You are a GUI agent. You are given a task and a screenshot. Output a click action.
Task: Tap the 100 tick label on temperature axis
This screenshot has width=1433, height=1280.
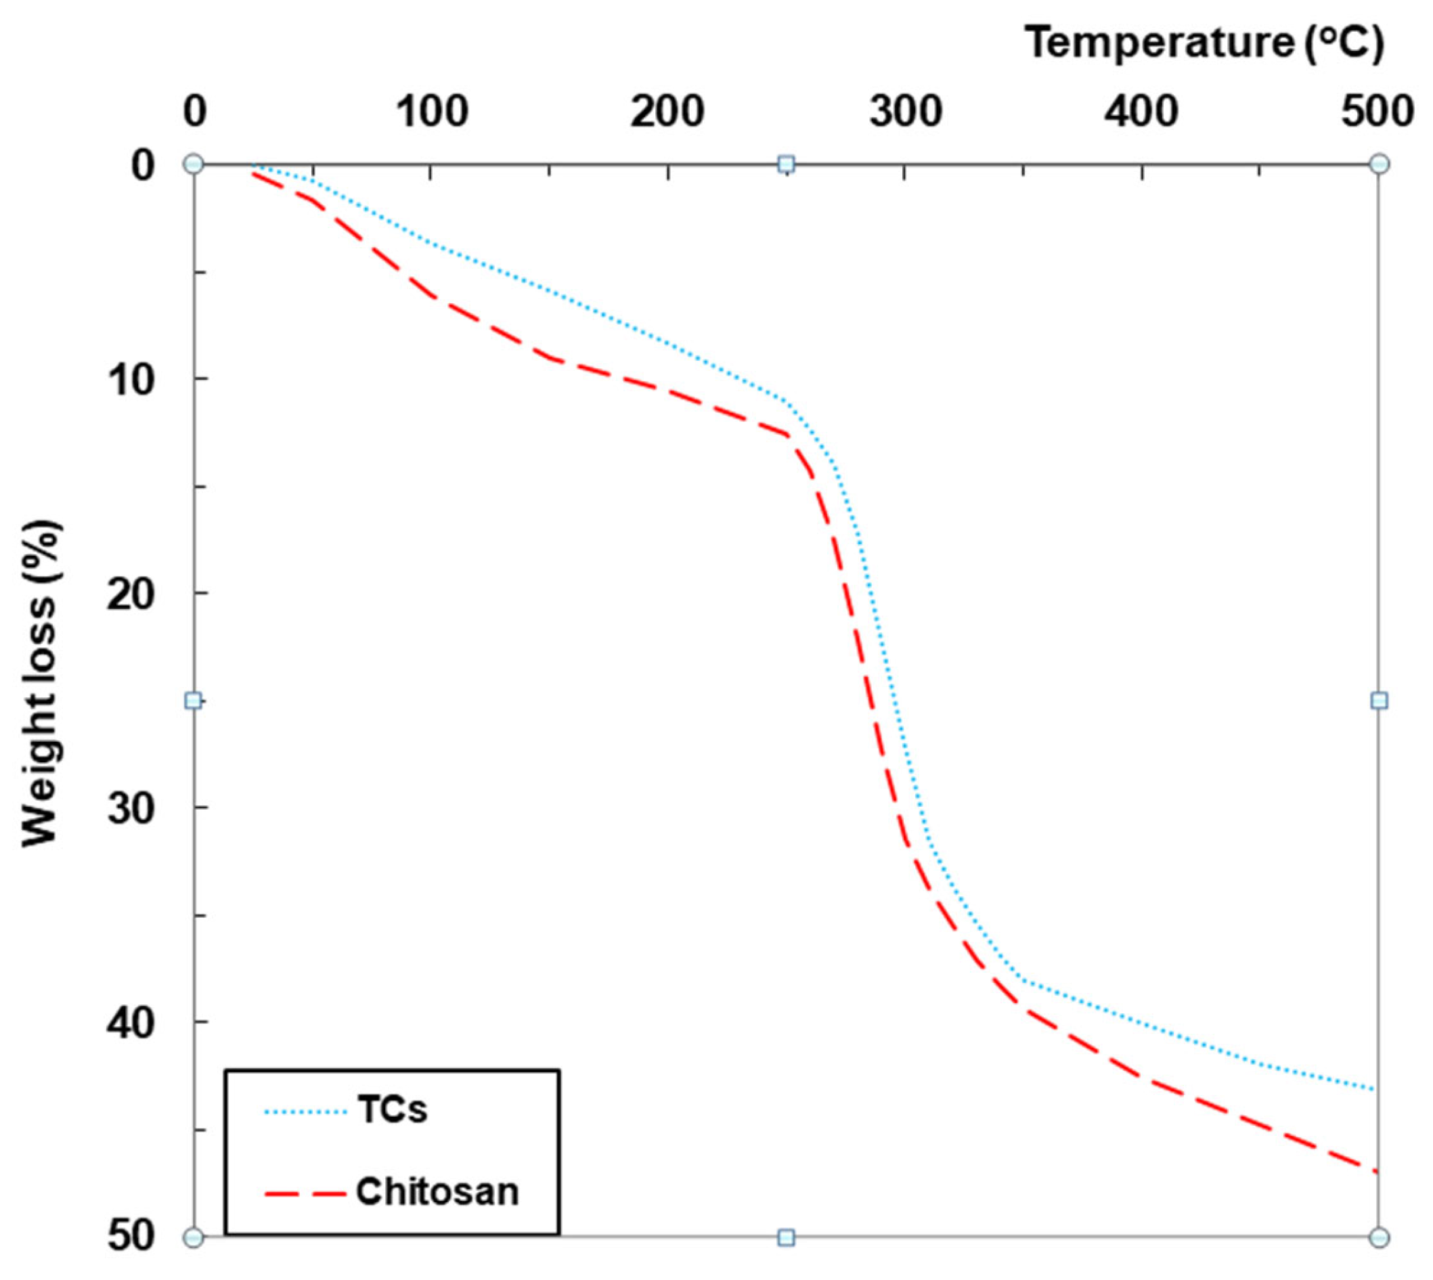[x=432, y=112]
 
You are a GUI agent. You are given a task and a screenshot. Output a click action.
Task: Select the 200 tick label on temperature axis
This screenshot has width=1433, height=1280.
[x=667, y=112]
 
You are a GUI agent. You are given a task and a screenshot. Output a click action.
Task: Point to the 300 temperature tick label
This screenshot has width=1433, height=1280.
[x=905, y=112]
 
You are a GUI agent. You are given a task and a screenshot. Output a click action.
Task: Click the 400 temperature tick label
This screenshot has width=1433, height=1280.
[x=1141, y=112]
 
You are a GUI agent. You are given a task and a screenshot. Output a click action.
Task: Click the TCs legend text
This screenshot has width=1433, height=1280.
[x=393, y=1110]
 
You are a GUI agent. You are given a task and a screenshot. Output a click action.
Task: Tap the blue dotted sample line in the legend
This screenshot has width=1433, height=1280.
[x=305, y=1112]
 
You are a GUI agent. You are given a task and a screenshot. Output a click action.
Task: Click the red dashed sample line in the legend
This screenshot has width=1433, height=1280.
[x=305, y=1193]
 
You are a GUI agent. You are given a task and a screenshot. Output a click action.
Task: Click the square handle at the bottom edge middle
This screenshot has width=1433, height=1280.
[x=787, y=1237]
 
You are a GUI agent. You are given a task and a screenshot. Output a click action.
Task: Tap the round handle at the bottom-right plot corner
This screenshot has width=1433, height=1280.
[x=1380, y=1237]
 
